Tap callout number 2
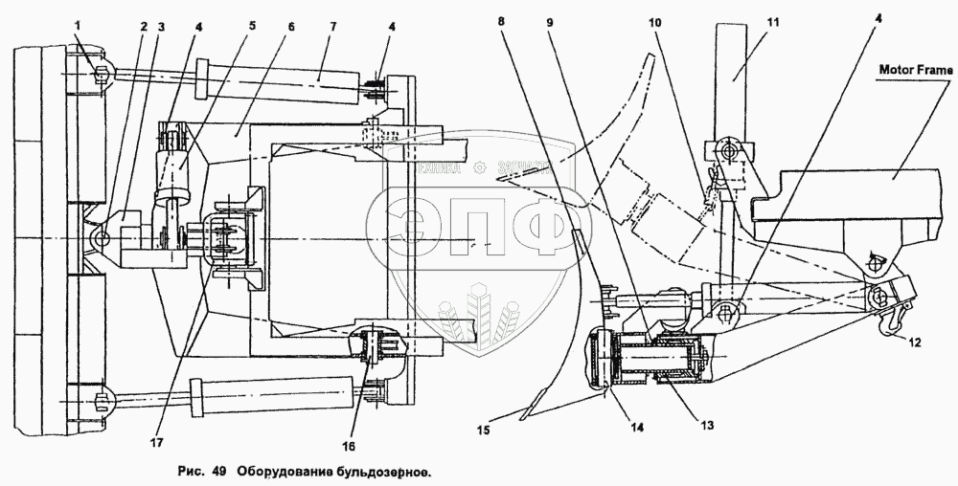click(x=143, y=26)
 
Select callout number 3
click(x=161, y=26)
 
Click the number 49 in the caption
click(x=217, y=472)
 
